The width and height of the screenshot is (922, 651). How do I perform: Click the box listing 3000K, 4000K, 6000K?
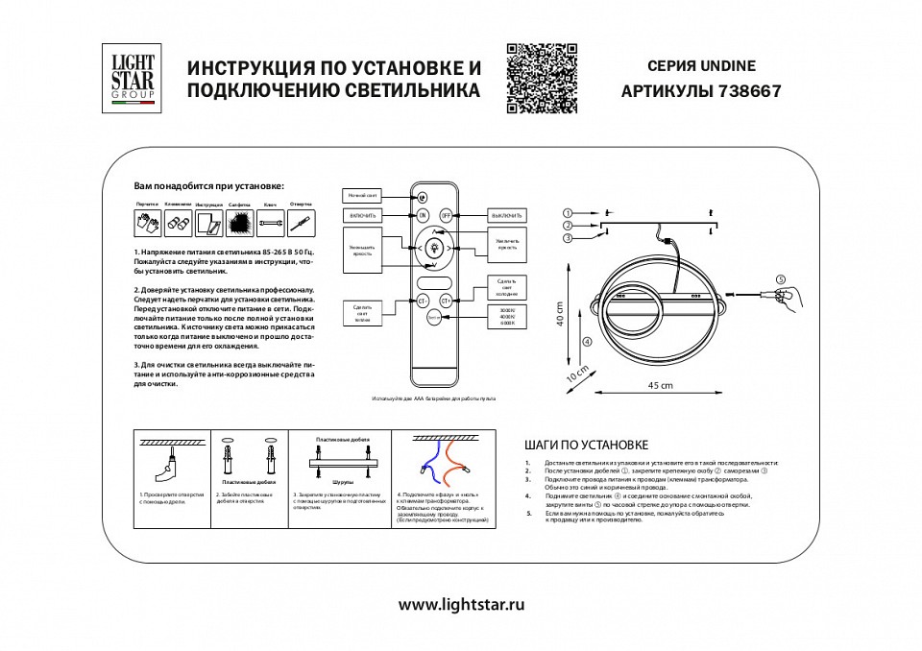pos(507,317)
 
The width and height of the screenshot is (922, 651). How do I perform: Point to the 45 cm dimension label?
pos(658,383)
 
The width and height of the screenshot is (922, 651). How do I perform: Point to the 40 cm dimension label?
pos(559,314)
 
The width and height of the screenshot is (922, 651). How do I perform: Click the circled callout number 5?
pos(780,279)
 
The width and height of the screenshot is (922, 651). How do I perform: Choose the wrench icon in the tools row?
pos(271,224)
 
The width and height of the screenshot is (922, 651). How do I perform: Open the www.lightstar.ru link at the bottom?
pos(462,605)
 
